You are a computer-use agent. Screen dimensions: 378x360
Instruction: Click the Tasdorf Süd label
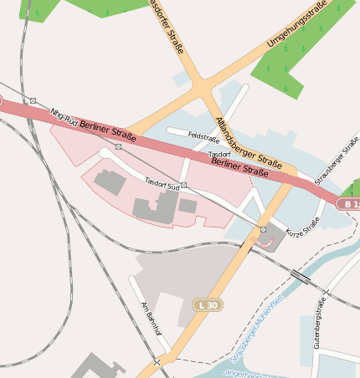pos(162,182)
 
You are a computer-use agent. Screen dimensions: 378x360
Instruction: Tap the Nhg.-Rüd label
pos(64,118)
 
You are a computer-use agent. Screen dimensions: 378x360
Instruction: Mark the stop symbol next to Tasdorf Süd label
pos(183,186)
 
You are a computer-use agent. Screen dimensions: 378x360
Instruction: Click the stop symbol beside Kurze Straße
pos(263,229)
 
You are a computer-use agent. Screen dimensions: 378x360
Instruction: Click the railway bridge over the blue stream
pos(300,276)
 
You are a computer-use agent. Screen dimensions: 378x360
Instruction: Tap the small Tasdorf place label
pos(219,155)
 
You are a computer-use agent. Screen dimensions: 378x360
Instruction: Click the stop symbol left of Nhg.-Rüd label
pos(33,100)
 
